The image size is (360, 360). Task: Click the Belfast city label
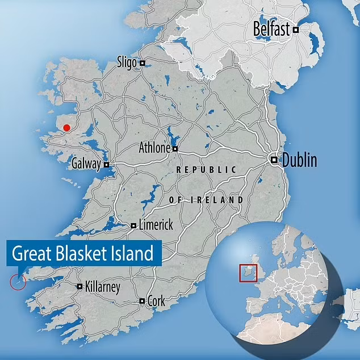point(271,29)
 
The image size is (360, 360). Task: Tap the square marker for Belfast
point(295,30)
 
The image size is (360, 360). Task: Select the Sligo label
point(127,62)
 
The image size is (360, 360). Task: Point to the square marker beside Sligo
point(143,63)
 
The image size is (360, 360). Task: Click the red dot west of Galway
point(67,128)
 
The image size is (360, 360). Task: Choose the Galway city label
point(86,164)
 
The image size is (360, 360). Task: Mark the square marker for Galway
point(106,165)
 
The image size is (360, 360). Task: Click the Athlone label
point(154,148)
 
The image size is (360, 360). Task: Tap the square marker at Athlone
point(175,149)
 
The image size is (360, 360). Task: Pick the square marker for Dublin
point(274,160)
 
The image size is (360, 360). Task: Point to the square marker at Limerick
point(133,225)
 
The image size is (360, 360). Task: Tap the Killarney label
point(102,287)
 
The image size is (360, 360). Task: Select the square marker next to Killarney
point(79,287)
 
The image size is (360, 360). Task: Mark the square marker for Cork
point(142,301)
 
